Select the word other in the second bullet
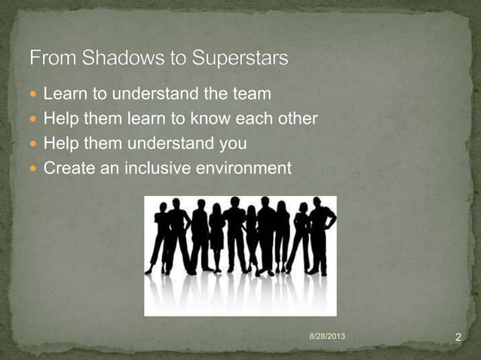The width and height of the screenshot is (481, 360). point(296,119)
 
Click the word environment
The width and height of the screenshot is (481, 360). point(243,167)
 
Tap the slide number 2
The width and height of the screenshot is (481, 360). point(458,336)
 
